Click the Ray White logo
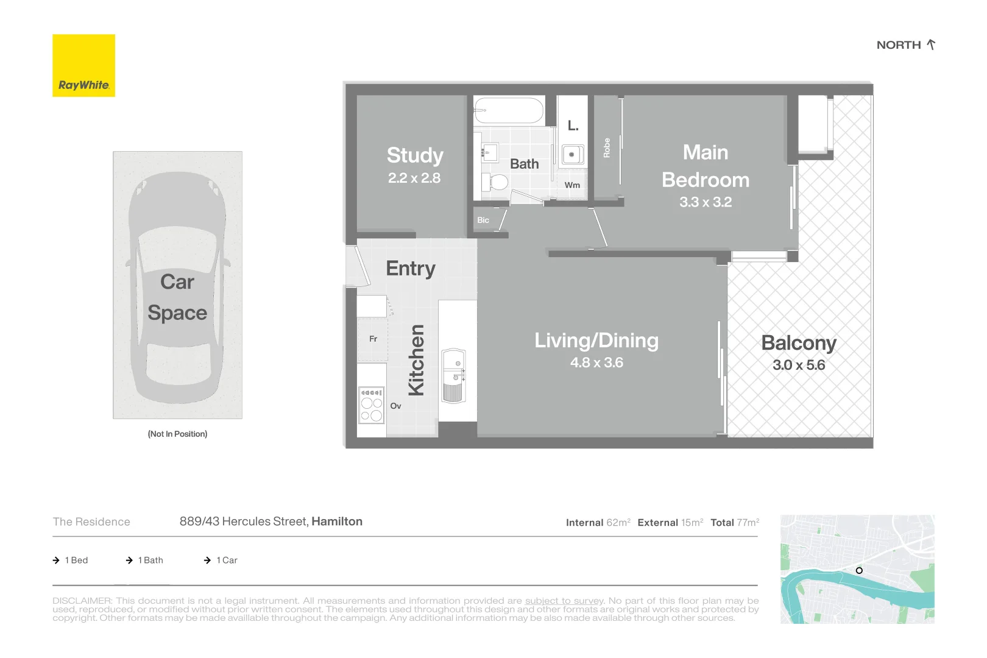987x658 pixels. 83,65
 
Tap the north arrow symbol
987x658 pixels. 931,44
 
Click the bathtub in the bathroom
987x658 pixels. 509,110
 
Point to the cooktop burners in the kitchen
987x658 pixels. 372,405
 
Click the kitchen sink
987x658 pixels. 453,375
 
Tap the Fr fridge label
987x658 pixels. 373,339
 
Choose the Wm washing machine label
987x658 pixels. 572,185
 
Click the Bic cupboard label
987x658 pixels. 483,220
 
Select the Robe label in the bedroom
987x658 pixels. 607,147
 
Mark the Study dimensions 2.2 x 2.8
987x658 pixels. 414,178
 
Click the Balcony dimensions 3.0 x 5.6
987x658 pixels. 799,365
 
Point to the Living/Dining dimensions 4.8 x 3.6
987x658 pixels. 596,363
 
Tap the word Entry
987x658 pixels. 411,269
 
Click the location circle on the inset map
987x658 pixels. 859,570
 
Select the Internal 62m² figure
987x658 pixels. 598,523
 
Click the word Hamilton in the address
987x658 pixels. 337,522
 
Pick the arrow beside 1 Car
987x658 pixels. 207,560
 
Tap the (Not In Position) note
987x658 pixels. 177,434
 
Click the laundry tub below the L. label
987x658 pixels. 573,155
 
